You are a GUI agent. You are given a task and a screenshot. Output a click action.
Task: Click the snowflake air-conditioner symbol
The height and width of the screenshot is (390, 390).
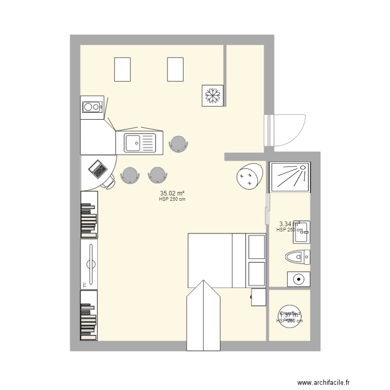[212, 95]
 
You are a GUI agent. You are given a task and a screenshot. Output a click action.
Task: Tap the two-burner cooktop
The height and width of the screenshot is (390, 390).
[92, 107]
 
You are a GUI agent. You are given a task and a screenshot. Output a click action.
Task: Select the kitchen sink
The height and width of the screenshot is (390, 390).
[139, 141]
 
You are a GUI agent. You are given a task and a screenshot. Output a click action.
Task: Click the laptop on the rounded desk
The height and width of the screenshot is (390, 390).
[97, 167]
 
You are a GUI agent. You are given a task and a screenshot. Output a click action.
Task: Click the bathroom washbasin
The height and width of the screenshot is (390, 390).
[302, 232]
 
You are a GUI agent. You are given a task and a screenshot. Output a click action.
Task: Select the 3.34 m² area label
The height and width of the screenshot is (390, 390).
[289, 224]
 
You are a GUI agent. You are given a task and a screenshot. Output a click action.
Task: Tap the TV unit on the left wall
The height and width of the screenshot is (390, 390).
[89, 263]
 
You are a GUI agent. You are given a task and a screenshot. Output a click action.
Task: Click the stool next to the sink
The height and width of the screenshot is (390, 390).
[178, 143]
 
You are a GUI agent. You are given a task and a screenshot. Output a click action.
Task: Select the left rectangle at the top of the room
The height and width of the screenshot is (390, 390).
[122, 69]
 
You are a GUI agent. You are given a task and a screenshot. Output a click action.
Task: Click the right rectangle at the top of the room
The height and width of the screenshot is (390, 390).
[175, 69]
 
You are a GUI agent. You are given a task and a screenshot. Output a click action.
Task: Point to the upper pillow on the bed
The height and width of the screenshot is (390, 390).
[256, 246]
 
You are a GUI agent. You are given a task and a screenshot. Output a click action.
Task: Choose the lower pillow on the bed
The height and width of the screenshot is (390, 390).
[256, 274]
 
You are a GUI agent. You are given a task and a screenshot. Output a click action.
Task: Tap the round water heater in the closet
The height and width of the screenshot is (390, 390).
[290, 316]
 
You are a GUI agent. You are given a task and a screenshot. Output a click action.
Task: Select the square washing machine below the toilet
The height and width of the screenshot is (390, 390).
[298, 279]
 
